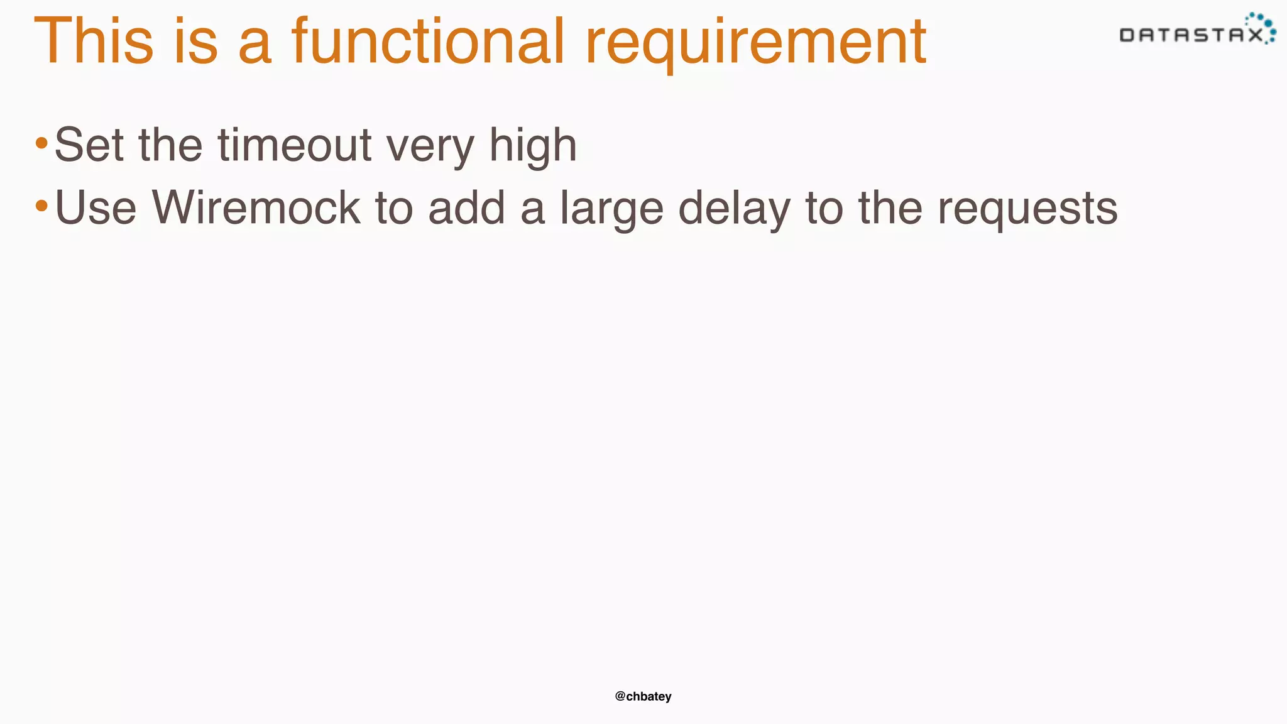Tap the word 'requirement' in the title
[x=755, y=44]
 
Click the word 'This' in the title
[x=94, y=41]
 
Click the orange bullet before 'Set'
[x=41, y=143]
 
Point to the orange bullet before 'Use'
[x=41, y=206]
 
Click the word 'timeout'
[x=295, y=145]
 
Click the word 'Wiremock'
[x=256, y=207]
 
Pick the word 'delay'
[x=734, y=209]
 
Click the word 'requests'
[x=1027, y=209]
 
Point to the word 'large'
[x=611, y=209]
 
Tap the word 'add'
[x=466, y=207]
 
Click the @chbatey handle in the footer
[x=643, y=696]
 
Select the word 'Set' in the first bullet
[x=89, y=145]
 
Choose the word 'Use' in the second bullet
[x=96, y=207]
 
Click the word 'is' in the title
[x=195, y=41]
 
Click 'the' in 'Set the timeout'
[x=170, y=145]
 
